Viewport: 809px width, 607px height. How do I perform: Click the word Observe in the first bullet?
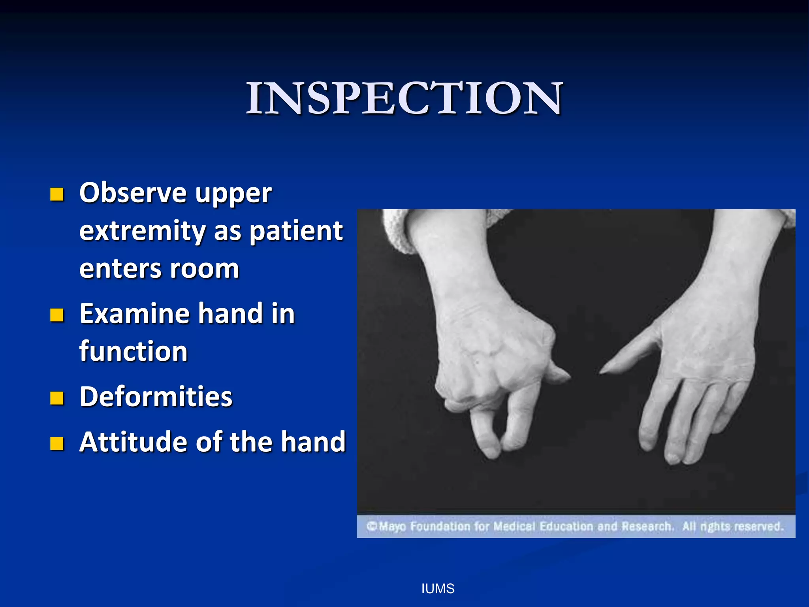pos(133,193)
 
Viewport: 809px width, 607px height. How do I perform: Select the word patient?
pos(297,231)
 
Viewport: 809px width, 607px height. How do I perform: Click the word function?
pos(134,351)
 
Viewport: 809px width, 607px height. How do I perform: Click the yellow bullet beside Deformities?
pos(57,398)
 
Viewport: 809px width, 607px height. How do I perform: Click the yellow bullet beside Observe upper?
pos(57,194)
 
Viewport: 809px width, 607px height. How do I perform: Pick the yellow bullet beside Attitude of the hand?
pos(57,444)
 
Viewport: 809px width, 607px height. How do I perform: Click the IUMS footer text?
pos(438,589)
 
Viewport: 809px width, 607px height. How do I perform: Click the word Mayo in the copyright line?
pos(392,527)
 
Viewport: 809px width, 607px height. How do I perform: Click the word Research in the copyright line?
pos(647,527)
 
